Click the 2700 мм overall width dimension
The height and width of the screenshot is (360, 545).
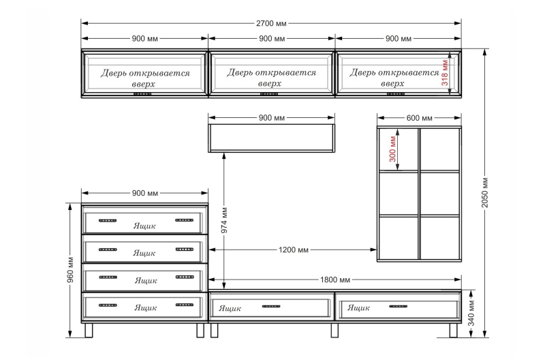(271, 24)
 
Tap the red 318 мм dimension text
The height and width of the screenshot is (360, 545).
(445, 73)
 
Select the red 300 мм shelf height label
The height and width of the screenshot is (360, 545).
(392, 149)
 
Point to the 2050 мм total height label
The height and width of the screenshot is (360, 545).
(485, 193)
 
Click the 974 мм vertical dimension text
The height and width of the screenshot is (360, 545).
(224, 220)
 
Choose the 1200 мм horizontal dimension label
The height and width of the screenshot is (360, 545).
(294, 250)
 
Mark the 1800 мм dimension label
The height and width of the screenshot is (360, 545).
(335, 280)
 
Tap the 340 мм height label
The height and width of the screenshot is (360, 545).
(471, 313)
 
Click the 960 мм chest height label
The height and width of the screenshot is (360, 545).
(70, 269)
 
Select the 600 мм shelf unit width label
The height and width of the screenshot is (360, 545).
(419, 118)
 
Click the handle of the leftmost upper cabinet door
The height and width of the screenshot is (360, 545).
(142, 94)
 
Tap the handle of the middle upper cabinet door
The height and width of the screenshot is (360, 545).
(269, 94)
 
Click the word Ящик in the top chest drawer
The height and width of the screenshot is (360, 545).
(144, 226)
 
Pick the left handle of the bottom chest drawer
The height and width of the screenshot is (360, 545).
(108, 305)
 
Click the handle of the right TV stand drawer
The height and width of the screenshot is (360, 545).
(399, 306)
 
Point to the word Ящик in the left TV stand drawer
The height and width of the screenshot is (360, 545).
(230, 308)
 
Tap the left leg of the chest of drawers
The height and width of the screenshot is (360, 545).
(89, 330)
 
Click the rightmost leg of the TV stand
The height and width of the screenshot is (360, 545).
(453, 330)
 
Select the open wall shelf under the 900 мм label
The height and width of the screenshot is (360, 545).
(271, 138)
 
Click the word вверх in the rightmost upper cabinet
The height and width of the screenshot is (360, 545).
(392, 84)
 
